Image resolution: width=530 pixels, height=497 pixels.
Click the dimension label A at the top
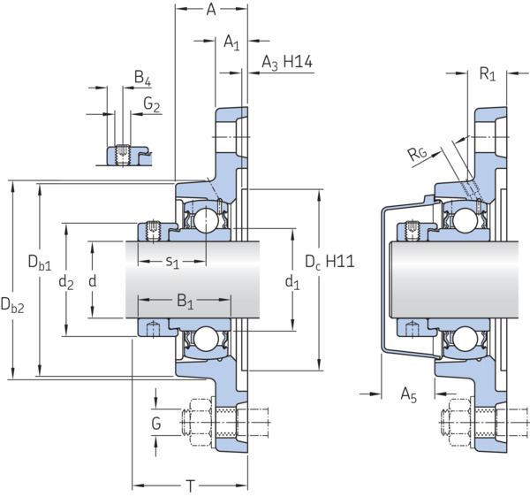pyautogui.click(x=211, y=10)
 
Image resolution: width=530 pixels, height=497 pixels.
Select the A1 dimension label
pyautogui.click(x=231, y=43)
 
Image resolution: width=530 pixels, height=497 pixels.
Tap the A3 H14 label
pyautogui.click(x=287, y=63)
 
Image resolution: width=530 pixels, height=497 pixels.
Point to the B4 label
pyautogui.click(x=142, y=78)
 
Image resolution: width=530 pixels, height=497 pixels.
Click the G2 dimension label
pyautogui.click(x=151, y=104)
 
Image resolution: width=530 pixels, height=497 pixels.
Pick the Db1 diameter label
pyautogui.click(x=40, y=263)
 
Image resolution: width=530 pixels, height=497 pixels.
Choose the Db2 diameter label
pyautogui.click(x=12, y=305)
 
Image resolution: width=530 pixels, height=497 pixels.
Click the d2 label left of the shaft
pyautogui.click(x=66, y=282)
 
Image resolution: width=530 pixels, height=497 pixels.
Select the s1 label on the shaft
pyautogui.click(x=172, y=262)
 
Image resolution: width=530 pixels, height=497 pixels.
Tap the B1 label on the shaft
pyautogui.click(x=185, y=301)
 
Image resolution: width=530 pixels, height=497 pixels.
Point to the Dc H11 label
pyautogui.click(x=329, y=262)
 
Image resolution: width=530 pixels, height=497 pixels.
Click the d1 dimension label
pyautogui.click(x=292, y=282)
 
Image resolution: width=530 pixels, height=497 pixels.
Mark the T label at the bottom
pyautogui.click(x=191, y=486)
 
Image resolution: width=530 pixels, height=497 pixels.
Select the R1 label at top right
pyautogui.click(x=488, y=73)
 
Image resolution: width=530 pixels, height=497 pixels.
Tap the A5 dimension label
pyautogui.click(x=409, y=394)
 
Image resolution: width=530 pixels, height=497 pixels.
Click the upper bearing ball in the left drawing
pyautogui.click(x=206, y=220)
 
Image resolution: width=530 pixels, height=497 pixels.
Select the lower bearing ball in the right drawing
pyautogui.click(x=466, y=339)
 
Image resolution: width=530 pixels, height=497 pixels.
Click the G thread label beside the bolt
pyautogui.click(x=156, y=424)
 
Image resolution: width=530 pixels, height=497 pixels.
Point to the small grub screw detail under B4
pyautogui.click(x=123, y=155)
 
